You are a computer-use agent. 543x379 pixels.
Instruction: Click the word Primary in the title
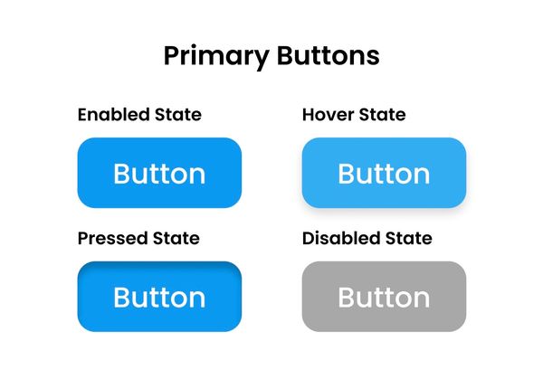tap(215, 56)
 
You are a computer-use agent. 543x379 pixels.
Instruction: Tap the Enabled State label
tap(139, 115)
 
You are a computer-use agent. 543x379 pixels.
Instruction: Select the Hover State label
tap(354, 115)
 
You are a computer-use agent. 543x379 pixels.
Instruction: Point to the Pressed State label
tap(138, 239)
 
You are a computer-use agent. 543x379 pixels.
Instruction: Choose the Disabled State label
tap(367, 239)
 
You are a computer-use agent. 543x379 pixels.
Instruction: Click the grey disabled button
tap(384, 297)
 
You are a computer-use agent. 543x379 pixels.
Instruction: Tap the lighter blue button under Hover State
tap(384, 173)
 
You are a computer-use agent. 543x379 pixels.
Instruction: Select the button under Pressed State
tap(159, 297)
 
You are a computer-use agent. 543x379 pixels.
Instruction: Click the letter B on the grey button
tap(347, 297)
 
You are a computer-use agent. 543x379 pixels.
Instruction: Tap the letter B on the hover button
tap(347, 173)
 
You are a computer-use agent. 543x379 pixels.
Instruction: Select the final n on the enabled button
tap(196, 175)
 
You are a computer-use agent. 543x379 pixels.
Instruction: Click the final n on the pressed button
tap(196, 298)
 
